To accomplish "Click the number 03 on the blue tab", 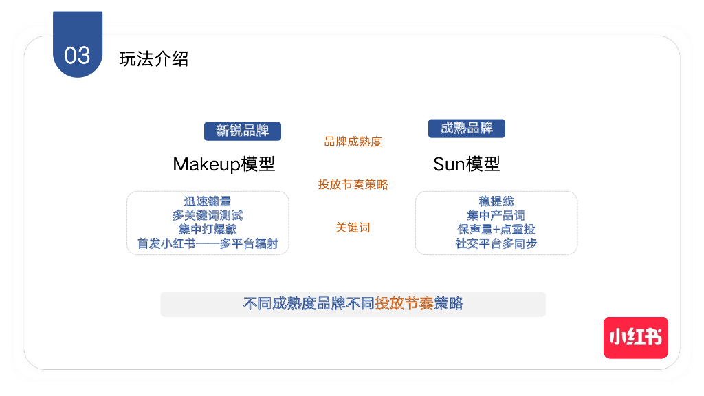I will pyautogui.click(x=77, y=55).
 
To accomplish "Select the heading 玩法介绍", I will pyautogui.click(x=153, y=59).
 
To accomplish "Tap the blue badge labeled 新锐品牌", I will pyautogui.click(x=242, y=131).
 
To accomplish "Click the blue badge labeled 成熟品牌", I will pyautogui.click(x=466, y=129).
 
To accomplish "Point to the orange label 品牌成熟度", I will pyautogui.click(x=353, y=142).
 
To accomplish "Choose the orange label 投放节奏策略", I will pyautogui.click(x=353, y=184).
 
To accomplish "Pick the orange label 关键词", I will pyautogui.click(x=353, y=228).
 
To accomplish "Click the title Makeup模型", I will pyautogui.click(x=223, y=164).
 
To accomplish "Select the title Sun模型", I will pyautogui.click(x=466, y=164).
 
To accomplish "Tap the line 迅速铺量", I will pyautogui.click(x=208, y=201).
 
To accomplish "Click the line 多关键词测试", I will pyautogui.click(x=208, y=215).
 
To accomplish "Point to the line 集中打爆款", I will pyautogui.click(x=208, y=229).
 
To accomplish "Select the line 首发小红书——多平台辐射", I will pyautogui.click(x=208, y=243).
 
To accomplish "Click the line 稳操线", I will pyautogui.click(x=496, y=201).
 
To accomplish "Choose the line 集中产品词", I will pyautogui.click(x=496, y=215).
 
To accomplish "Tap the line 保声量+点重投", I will pyautogui.click(x=496, y=229).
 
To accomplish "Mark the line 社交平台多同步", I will pyautogui.click(x=496, y=243).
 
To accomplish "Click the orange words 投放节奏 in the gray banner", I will pyautogui.click(x=404, y=304).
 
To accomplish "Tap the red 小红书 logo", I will pyautogui.click(x=635, y=338).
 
